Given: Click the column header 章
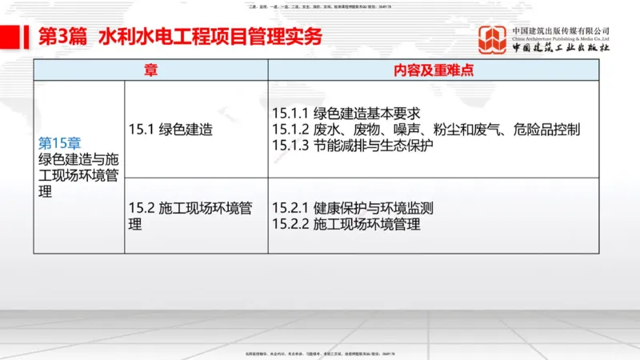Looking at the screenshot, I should coord(150,70).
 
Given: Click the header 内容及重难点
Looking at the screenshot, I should coord(434,70).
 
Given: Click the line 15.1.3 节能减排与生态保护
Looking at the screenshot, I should coord(352,145).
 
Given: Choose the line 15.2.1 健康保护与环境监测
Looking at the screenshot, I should coord(352,209).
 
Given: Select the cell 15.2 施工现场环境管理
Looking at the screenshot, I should coord(190,216).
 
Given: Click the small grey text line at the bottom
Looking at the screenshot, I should coord(320,353).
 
